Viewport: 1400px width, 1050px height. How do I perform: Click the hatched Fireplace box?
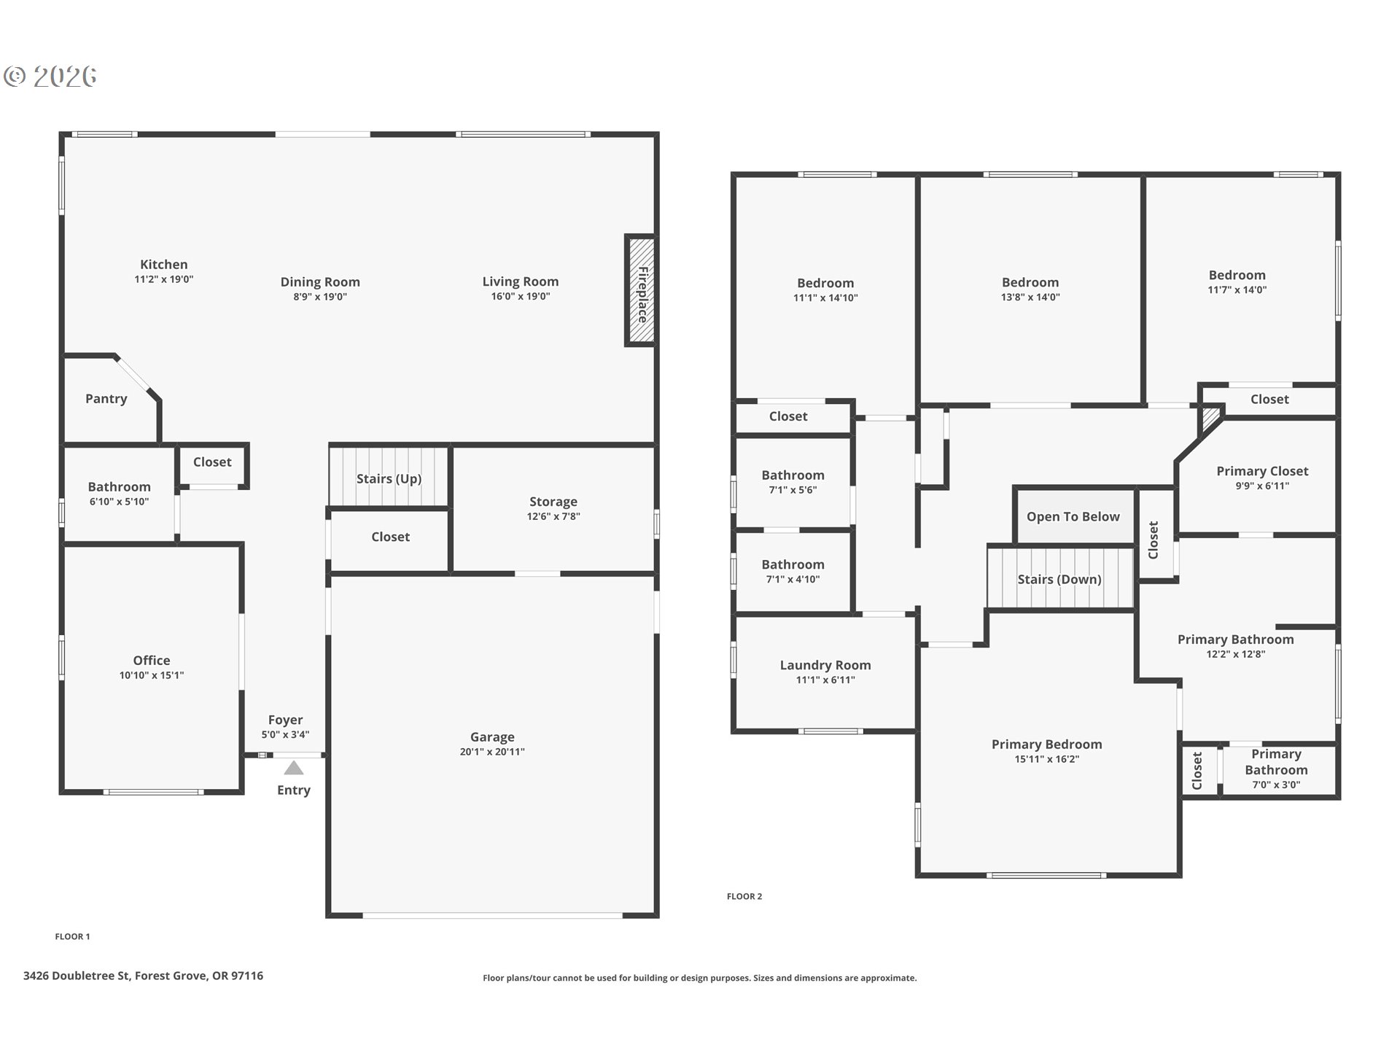click(640, 290)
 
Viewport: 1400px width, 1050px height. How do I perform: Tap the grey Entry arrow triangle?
click(293, 768)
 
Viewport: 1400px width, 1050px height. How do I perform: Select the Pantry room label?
click(106, 399)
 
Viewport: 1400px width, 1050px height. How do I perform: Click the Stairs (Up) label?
click(389, 479)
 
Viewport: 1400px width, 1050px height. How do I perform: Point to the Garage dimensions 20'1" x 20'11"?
click(492, 752)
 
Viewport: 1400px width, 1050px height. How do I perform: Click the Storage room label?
click(553, 502)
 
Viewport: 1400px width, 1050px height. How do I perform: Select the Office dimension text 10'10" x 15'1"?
click(152, 675)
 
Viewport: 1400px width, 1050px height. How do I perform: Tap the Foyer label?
click(285, 720)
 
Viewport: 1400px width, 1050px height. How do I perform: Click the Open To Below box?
click(1073, 516)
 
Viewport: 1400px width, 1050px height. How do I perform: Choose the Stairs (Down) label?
click(1059, 580)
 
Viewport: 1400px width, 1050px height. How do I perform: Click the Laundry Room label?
click(825, 665)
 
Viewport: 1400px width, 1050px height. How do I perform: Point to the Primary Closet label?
click(1261, 471)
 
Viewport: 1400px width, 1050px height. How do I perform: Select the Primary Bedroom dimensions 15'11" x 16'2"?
click(1046, 759)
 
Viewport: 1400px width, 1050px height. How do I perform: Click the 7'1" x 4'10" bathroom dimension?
click(793, 580)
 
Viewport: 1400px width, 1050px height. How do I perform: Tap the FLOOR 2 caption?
click(744, 896)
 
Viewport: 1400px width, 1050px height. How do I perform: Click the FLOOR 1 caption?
click(72, 936)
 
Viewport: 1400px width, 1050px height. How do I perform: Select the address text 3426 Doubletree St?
click(77, 976)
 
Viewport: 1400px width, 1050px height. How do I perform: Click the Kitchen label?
click(163, 265)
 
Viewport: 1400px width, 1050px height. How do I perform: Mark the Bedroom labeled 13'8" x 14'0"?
click(1030, 282)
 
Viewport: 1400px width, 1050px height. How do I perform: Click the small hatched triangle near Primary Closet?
click(1210, 417)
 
